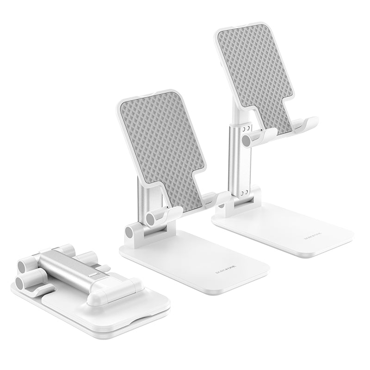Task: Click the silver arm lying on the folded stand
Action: click(69, 265)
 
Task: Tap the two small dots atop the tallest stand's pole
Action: click(247, 127)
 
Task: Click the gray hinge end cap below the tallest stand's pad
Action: click(246, 140)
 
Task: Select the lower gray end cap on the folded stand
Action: click(21, 282)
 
